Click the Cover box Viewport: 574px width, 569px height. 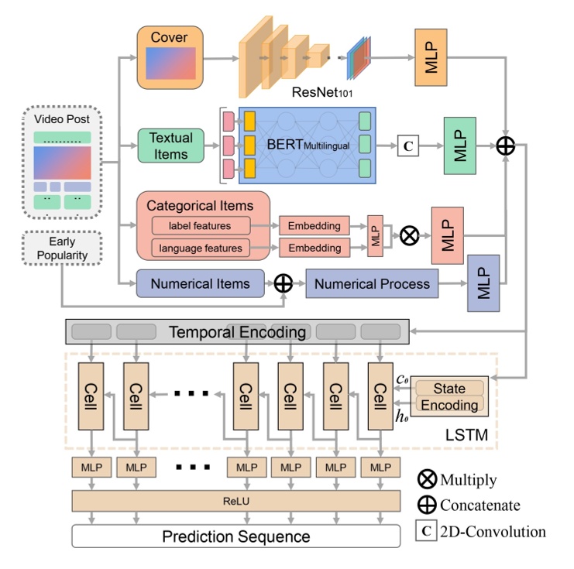coord(169,57)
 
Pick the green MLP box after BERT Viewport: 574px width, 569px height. coord(459,146)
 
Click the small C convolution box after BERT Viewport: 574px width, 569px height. coord(408,146)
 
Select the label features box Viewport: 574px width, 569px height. coord(201,226)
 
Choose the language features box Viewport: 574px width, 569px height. coord(201,248)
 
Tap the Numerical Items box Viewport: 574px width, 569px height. coord(201,283)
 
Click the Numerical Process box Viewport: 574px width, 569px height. coord(371,283)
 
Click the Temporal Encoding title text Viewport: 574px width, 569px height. coord(237,333)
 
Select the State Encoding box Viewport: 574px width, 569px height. coord(449,396)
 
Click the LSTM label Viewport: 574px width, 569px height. coord(466,436)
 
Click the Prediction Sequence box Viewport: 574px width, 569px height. coord(235,536)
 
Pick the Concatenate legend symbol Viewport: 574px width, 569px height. coord(427,505)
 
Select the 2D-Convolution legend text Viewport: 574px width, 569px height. coord(493,531)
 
